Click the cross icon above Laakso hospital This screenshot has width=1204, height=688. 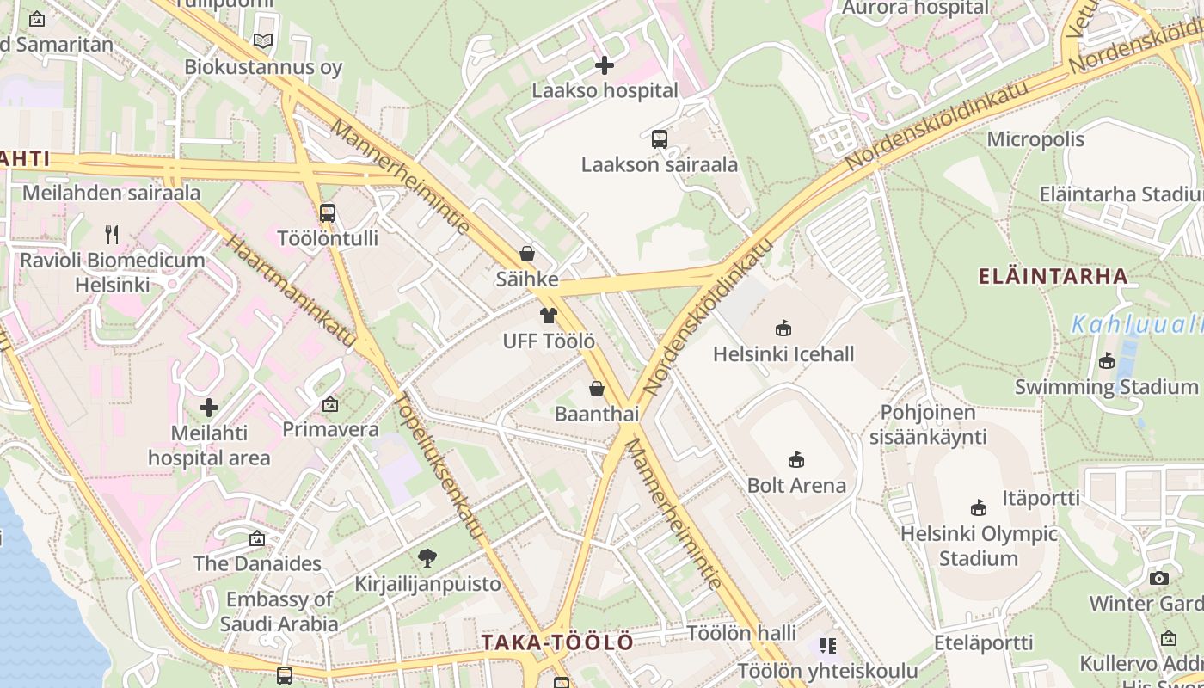click(x=605, y=64)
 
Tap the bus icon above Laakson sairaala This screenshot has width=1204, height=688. click(x=659, y=138)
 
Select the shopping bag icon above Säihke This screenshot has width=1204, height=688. click(x=527, y=254)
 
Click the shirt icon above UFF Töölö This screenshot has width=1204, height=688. click(x=548, y=315)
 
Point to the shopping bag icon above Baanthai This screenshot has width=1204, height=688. click(x=596, y=389)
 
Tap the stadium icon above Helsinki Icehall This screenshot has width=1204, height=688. click(x=783, y=328)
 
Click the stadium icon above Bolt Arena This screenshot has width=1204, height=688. click(x=796, y=459)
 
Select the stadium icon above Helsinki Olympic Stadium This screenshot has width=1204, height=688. click(x=978, y=507)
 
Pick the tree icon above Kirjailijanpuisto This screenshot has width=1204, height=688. click(x=427, y=558)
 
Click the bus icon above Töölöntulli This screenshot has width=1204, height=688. click(x=327, y=212)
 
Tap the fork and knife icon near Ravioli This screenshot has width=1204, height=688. click(x=111, y=234)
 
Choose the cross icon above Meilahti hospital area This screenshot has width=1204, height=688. click(x=208, y=407)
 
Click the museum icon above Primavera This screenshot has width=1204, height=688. click(x=330, y=403)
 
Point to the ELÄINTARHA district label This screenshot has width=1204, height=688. click(x=1053, y=276)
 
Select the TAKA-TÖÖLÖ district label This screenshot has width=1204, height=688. click(x=557, y=642)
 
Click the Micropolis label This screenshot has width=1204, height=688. click(x=1037, y=138)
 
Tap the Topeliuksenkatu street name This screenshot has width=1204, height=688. click(x=439, y=465)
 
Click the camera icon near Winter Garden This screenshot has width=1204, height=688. click(x=1158, y=578)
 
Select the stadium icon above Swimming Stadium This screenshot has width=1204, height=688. click(x=1107, y=361)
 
